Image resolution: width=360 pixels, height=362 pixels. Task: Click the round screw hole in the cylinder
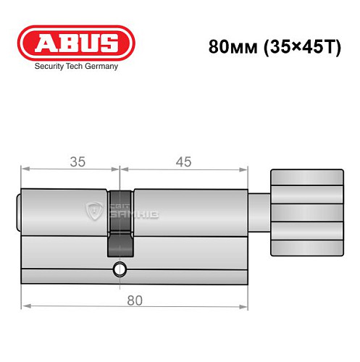(119, 274)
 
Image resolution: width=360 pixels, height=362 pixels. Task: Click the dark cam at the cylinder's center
(120, 224)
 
